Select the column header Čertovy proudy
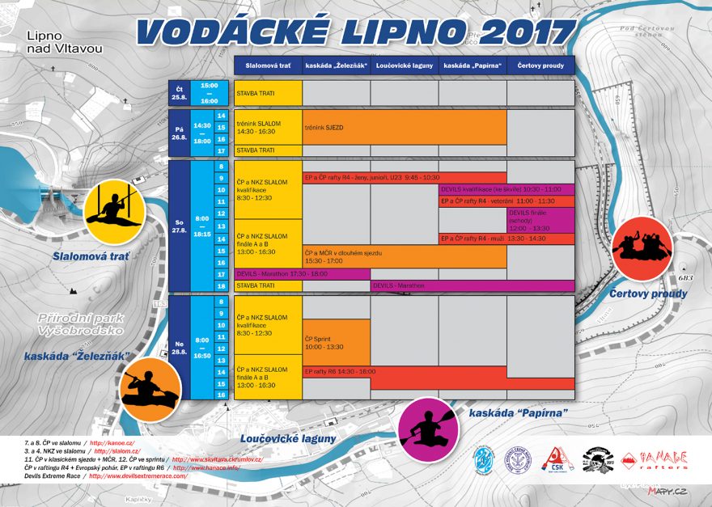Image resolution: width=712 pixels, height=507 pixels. click(540, 65)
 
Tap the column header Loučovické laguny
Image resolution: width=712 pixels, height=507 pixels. click(405, 65)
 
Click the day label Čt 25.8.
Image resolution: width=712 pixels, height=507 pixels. click(179, 93)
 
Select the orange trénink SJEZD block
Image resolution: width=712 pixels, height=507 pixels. click(405, 128)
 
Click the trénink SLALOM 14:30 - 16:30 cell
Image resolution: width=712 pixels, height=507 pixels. click(268, 127)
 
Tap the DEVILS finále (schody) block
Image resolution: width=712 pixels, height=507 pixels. click(540, 220)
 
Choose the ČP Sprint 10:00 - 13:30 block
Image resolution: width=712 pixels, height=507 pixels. click(336, 342)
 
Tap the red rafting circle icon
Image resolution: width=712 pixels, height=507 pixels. click(642, 247)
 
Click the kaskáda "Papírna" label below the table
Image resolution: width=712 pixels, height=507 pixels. click(518, 412)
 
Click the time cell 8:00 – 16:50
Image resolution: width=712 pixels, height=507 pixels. click(202, 347)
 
